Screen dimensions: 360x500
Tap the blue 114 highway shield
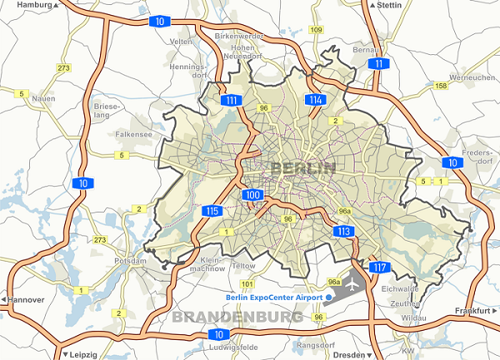[315, 100]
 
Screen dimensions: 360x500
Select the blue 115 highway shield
[212, 211]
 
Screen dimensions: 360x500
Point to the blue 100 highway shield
[254, 195]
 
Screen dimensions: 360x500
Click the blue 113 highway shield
[343, 231]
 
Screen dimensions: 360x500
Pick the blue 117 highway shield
[379, 267]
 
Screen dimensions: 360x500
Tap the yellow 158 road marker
[441, 86]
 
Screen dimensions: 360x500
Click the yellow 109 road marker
[316, 30]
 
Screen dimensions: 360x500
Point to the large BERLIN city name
[302, 168]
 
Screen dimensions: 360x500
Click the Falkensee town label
[133, 133]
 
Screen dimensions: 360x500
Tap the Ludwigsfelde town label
[230, 346]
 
